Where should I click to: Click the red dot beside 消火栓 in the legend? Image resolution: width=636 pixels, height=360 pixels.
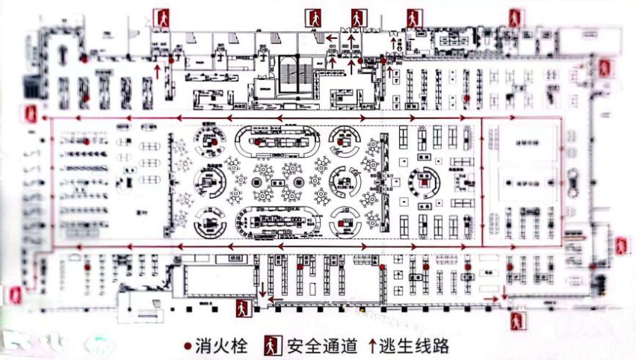point(187,346)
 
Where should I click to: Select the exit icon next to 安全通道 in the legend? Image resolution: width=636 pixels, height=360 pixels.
point(271,346)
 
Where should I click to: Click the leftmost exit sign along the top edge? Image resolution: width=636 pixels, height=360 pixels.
point(162,17)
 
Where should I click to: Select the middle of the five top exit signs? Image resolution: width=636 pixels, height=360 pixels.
point(359,17)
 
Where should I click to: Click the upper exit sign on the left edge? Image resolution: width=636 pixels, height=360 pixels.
point(31,115)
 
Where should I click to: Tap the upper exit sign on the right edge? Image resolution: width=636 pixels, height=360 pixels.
point(604,68)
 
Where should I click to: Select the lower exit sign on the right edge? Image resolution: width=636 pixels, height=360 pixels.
point(620,246)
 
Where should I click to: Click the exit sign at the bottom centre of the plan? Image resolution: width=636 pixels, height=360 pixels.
point(243,307)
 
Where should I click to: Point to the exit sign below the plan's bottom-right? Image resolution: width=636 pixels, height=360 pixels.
point(516,321)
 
